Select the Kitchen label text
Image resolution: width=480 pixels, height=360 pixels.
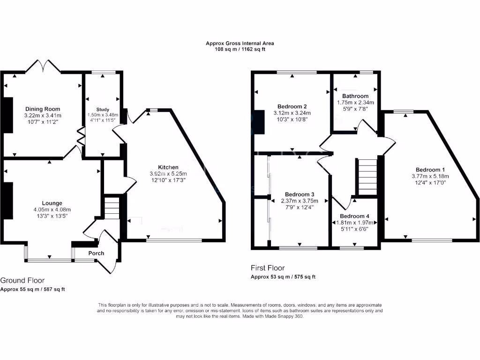click(168, 167)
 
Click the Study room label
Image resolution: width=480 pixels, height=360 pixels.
click(103, 109)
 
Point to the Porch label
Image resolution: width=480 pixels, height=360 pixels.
click(96, 254)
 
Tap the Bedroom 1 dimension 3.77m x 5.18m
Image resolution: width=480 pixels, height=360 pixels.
click(430, 176)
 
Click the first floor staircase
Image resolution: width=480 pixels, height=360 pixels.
click(367, 176)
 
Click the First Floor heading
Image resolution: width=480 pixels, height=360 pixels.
click(268, 268)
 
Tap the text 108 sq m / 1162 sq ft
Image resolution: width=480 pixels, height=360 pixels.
click(240, 49)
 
